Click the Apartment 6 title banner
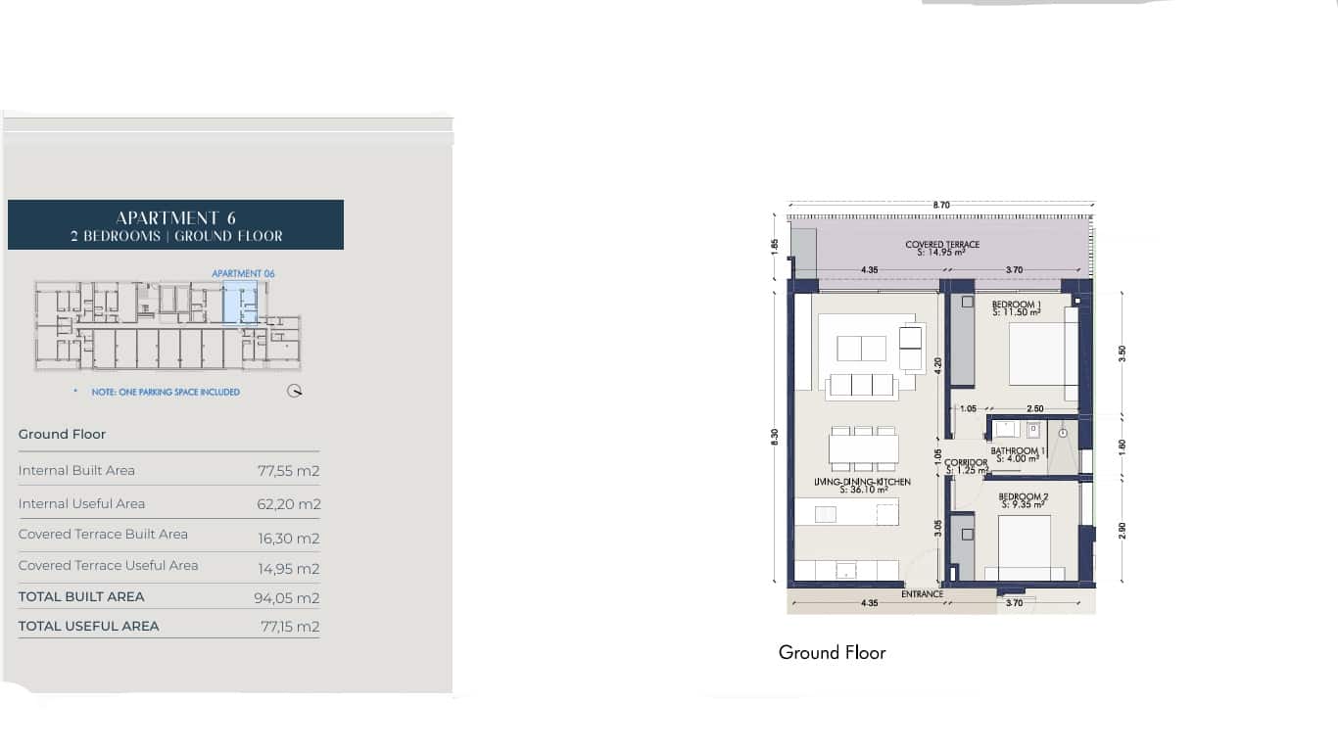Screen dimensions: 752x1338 coord(175,225)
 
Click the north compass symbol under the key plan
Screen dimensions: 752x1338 coord(295,391)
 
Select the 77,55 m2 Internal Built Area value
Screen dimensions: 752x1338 coord(289,471)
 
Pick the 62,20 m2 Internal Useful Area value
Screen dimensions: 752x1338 coord(289,504)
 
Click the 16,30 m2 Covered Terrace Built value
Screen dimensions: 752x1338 coord(289,539)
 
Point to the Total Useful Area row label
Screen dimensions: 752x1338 coord(88,626)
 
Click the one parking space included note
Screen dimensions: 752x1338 coord(166,392)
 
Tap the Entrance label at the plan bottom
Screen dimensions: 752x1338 coord(922,594)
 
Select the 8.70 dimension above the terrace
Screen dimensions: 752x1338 coord(941,205)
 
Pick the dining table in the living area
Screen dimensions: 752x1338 coord(863,448)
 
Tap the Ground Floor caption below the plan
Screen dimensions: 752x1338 coord(832,652)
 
